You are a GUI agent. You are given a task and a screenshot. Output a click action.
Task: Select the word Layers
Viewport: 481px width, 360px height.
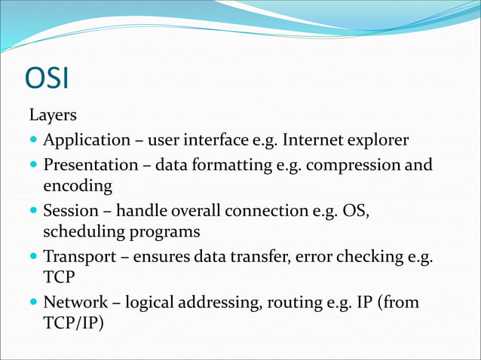point(53,116)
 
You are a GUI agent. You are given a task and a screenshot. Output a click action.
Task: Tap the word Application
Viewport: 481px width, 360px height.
point(86,140)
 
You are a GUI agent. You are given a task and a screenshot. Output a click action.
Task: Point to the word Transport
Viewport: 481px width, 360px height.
point(79,257)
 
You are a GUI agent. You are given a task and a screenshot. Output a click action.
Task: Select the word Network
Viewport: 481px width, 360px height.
point(75,303)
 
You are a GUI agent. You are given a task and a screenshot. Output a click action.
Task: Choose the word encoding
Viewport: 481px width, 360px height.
point(78,185)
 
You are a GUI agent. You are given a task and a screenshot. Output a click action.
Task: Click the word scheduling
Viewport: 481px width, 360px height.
point(81,232)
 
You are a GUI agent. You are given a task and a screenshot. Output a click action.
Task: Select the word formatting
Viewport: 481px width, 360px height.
point(237,163)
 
